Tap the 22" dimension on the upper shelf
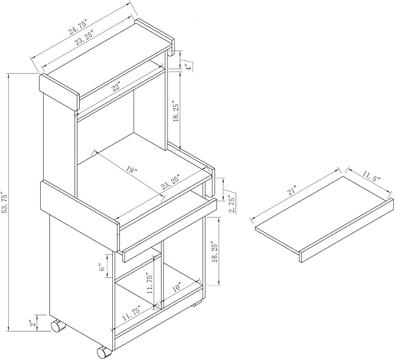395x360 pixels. (116, 87)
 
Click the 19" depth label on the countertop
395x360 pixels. (132, 170)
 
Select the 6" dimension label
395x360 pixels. (101, 268)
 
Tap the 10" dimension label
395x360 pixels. (176, 288)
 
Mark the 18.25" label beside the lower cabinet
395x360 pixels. (215, 252)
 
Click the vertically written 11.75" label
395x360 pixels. (150, 283)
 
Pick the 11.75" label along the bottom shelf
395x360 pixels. (131, 313)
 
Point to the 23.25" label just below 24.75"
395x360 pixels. (84, 38)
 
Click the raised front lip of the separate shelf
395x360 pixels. (347, 230)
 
